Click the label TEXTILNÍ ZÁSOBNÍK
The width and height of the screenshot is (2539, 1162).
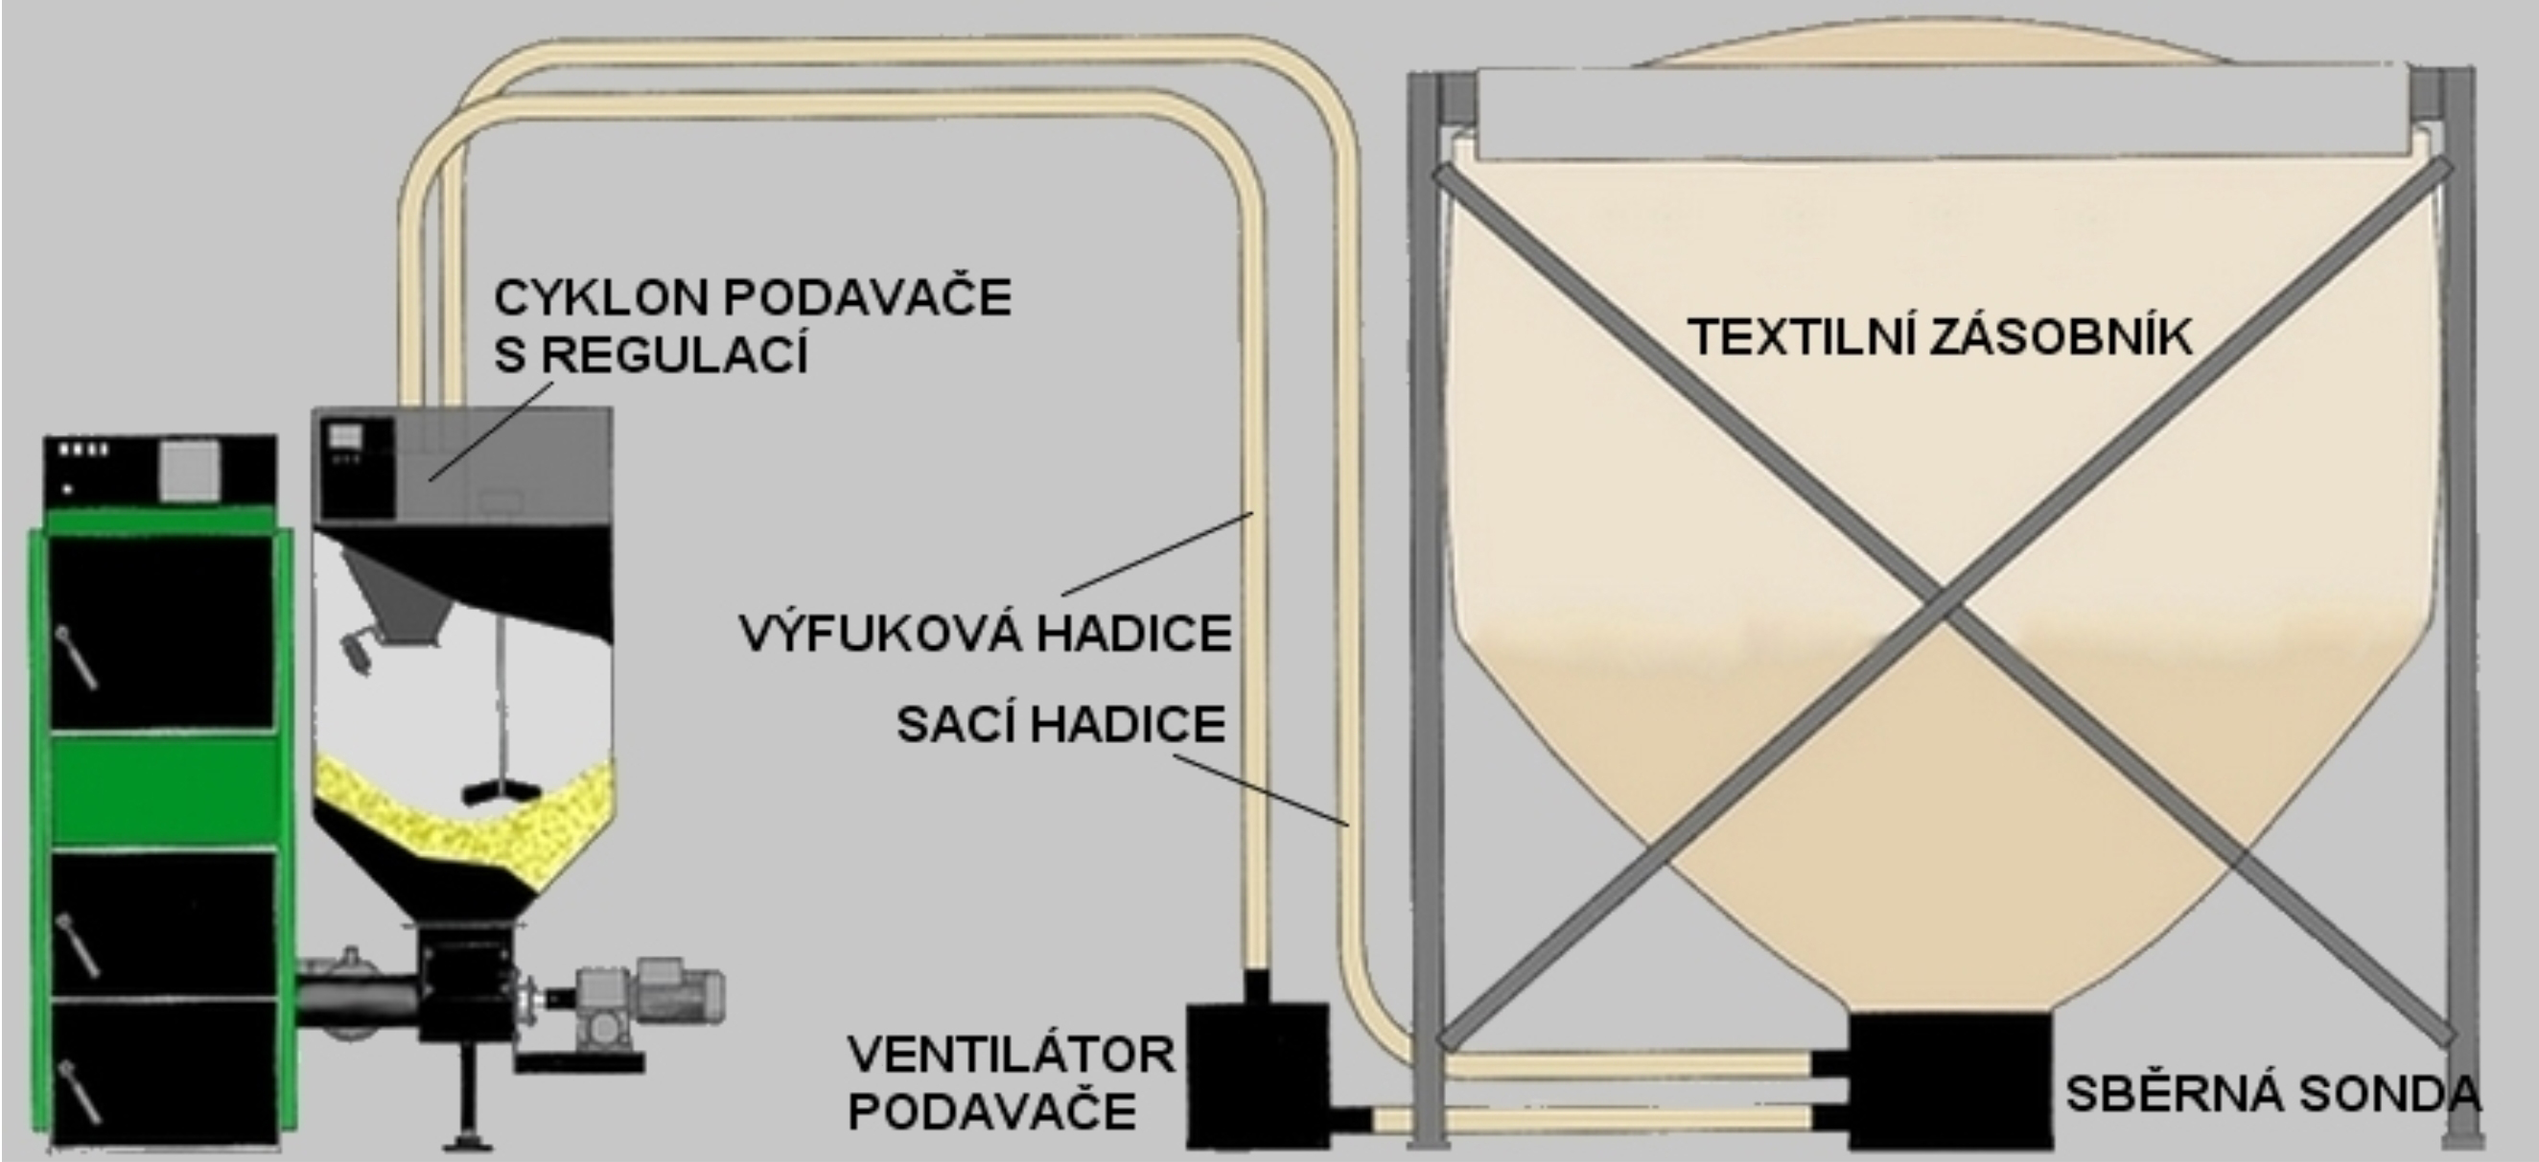coord(1940,338)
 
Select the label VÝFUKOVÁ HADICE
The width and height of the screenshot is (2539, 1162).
coord(986,633)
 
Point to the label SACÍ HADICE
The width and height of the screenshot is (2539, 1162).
coord(1060,725)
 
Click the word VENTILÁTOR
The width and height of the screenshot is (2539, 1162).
coord(1012,1056)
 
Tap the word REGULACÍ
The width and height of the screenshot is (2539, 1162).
coord(676,354)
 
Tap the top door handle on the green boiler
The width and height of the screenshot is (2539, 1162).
coord(75,658)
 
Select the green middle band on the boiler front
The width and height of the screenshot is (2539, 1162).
coord(163,789)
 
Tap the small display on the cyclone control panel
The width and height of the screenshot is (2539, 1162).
coord(347,435)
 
